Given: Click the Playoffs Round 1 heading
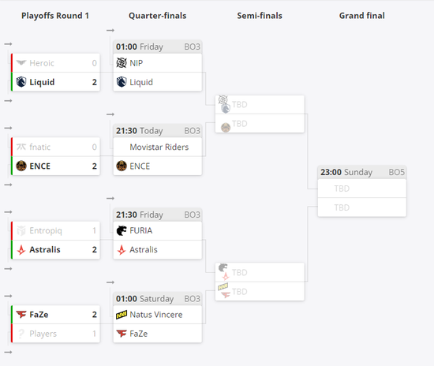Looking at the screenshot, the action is pyautogui.click(x=55, y=16).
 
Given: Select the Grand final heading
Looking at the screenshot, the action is pyautogui.click(x=361, y=16).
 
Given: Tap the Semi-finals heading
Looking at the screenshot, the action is pyautogui.click(x=260, y=16).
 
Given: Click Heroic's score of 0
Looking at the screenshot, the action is pyautogui.click(x=95, y=63).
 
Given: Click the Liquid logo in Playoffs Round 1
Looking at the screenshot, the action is pyautogui.click(x=21, y=82).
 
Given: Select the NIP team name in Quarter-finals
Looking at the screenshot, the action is pyautogui.click(x=137, y=63).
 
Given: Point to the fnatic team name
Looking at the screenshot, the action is pyautogui.click(x=40, y=147).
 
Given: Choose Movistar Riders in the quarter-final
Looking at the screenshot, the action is pyautogui.click(x=159, y=147).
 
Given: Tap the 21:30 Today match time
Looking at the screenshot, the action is pyautogui.click(x=139, y=131).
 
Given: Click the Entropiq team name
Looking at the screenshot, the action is pyautogui.click(x=46, y=230).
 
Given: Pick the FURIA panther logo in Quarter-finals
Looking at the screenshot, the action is pyautogui.click(x=122, y=230).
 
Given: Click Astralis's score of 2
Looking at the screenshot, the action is pyautogui.click(x=95, y=249).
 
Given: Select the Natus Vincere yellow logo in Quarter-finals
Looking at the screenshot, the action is pyautogui.click(x=122, y=315).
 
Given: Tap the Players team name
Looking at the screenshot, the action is pyautogui.click(x=43, y=334).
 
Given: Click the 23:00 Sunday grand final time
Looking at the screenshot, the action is pyautogui.click(x=346, y=172).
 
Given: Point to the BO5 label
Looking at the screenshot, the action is pyautogui.click(x=396, y=172).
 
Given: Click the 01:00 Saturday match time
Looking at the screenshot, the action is pyautogui.click(x=144, y=299).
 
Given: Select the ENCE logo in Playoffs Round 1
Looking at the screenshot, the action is pyautogui.click(x=21, y=166).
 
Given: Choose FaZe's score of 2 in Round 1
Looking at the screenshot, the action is pyautogui.click(x=95, y=315).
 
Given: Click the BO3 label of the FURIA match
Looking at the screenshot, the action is pyautogui.click(x=192, y=215).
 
